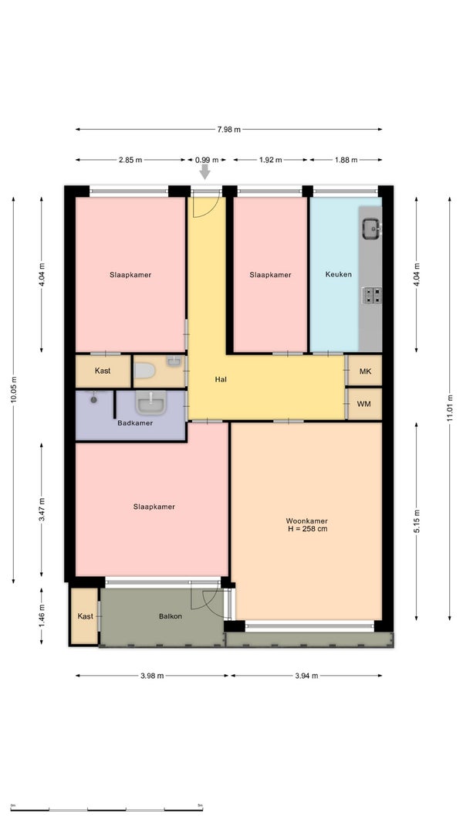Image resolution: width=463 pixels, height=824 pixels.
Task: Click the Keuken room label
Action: click(x=338, y=274)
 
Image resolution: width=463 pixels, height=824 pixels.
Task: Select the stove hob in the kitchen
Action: click(x=372, y=296)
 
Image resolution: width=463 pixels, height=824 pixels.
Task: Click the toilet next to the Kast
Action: click(x=144, y=371)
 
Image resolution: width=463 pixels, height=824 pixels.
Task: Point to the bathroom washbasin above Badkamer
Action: click(x=151, y=402)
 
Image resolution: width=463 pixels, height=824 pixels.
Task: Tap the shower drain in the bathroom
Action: click(x=93, y=400)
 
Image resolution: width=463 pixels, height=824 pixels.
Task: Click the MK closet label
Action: click(x=365, y=371)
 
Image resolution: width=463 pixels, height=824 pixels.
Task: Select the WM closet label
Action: click(x=363, y=404)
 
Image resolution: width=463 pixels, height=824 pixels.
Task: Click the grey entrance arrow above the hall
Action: click(x=204, y=171)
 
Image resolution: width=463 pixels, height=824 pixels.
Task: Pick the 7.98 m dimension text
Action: click(x=229, y=129)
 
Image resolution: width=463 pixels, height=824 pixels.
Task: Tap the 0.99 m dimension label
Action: click(x=207, y=160)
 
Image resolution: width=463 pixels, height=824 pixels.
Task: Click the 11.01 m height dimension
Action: click(x=449, y=409)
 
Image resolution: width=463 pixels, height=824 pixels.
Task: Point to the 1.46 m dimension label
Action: click(x=42, y=616)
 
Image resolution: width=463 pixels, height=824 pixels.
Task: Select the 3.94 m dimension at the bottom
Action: click(x=306, y=676)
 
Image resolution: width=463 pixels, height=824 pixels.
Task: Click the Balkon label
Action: click(x=171, y=616)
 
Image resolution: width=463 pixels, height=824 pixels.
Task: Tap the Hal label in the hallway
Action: click(x=221, y=379)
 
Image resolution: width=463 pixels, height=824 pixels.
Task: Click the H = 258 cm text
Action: click(x=308, y=529)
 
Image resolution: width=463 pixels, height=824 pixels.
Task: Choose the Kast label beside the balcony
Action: click(x=85, y=616)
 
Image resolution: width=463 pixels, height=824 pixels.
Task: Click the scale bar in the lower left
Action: click(x=106, y=810)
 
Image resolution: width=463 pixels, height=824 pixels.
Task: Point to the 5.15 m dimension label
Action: click(x=416, y=521)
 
